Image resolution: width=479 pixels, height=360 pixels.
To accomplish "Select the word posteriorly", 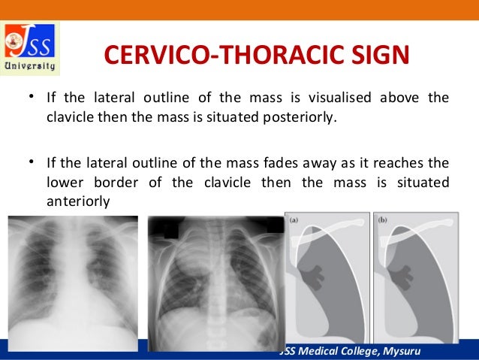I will coord(297,119).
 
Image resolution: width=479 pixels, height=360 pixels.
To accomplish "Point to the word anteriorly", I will coord(79,201).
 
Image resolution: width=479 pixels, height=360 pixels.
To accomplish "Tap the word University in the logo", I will coord(31,66).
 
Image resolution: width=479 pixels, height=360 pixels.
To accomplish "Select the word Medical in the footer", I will coord(324,352).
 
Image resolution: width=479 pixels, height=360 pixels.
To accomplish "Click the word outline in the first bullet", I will coord(177,98).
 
